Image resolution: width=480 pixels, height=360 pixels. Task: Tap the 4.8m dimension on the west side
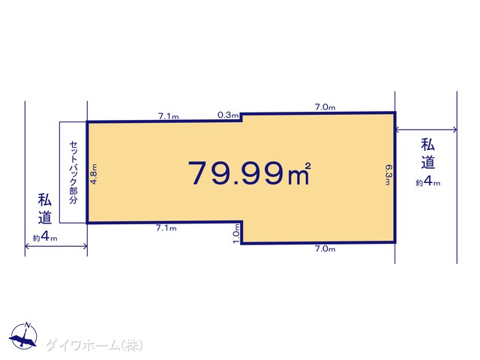94,174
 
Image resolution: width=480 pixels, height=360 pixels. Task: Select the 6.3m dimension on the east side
388,175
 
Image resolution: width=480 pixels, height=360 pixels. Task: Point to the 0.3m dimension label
228,115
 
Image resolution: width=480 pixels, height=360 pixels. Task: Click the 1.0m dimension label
236,233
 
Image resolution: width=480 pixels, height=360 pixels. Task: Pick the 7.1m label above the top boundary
168,116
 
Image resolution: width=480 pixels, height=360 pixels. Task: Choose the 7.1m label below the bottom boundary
166,228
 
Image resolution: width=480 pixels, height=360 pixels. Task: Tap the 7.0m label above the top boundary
325,107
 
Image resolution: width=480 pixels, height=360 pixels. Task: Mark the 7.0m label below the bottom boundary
325,249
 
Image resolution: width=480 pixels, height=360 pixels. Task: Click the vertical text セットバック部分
73,172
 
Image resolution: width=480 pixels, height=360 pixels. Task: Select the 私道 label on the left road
45,208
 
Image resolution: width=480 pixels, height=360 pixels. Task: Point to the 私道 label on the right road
428,154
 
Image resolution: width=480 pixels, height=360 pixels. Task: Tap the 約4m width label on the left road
45,237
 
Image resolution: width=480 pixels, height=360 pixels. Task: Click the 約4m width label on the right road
428,181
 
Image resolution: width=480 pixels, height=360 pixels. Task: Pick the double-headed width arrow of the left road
56,246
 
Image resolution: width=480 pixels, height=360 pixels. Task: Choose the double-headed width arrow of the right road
426,130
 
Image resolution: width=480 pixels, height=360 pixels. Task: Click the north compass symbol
24,335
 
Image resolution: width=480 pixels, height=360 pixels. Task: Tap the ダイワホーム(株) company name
94,345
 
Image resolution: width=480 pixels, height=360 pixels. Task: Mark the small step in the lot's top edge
241,117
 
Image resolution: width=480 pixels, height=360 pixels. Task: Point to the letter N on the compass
28,325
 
